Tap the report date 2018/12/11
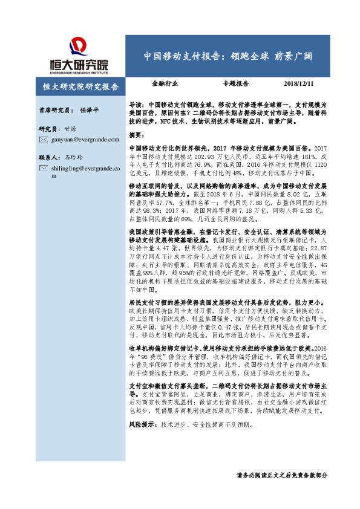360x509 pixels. coord(301,84)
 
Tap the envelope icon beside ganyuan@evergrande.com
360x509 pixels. coord(43,140)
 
